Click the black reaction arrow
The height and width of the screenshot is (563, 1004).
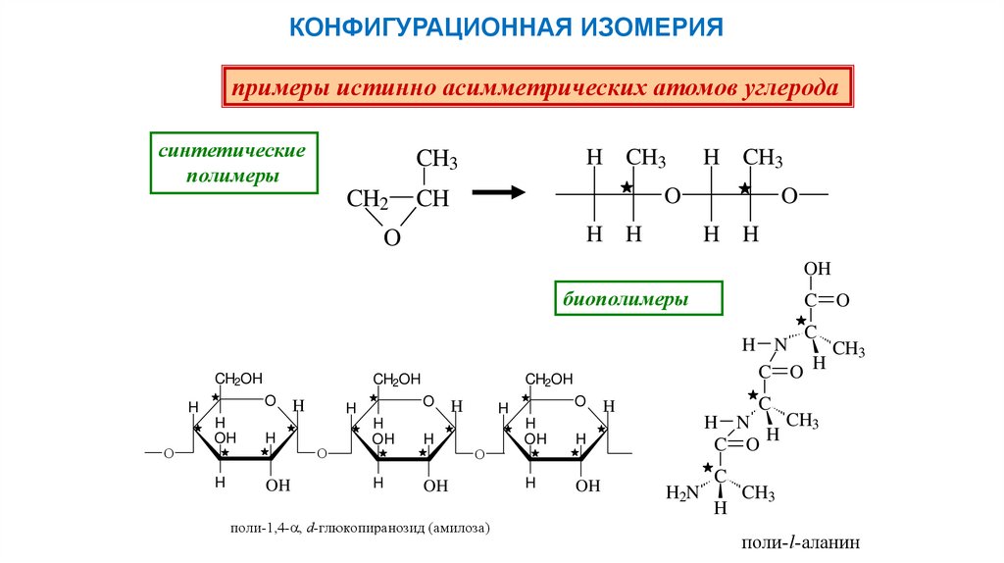499,193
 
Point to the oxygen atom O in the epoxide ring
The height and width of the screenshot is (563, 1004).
392,238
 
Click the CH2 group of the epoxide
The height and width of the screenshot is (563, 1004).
368,199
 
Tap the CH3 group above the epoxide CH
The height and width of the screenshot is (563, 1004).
436,159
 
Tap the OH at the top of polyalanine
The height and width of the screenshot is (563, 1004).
817,269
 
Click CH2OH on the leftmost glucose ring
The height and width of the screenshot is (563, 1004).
239,379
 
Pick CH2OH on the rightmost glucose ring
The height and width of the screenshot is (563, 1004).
548,379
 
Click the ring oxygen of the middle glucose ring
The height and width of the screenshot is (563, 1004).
427,401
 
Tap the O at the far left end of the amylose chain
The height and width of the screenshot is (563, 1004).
168,454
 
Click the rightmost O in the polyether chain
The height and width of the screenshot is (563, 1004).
788,196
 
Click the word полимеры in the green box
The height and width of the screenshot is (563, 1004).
232,177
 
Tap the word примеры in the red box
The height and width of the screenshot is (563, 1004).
279,88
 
